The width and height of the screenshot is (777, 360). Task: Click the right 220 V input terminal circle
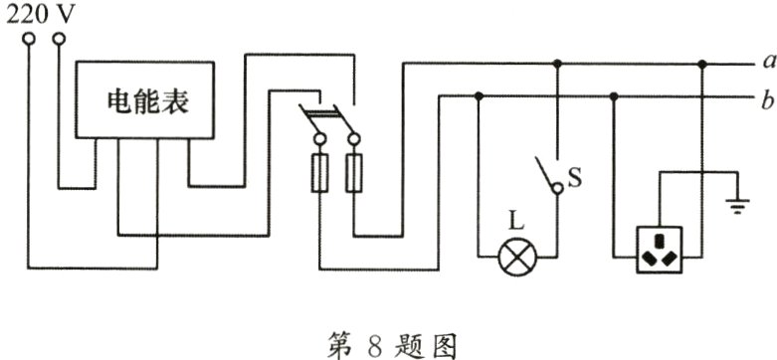(59, 40)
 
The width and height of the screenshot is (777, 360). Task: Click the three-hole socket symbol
(661, 252)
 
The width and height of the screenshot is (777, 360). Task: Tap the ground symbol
(737, 207)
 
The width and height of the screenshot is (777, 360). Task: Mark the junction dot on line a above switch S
(557, 65)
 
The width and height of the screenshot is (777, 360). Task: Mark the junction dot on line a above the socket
(702, 65)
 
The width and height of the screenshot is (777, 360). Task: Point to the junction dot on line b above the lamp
(480, 96)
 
